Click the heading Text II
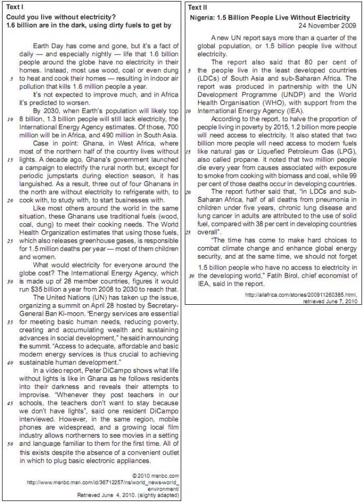197,8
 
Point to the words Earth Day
47,45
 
